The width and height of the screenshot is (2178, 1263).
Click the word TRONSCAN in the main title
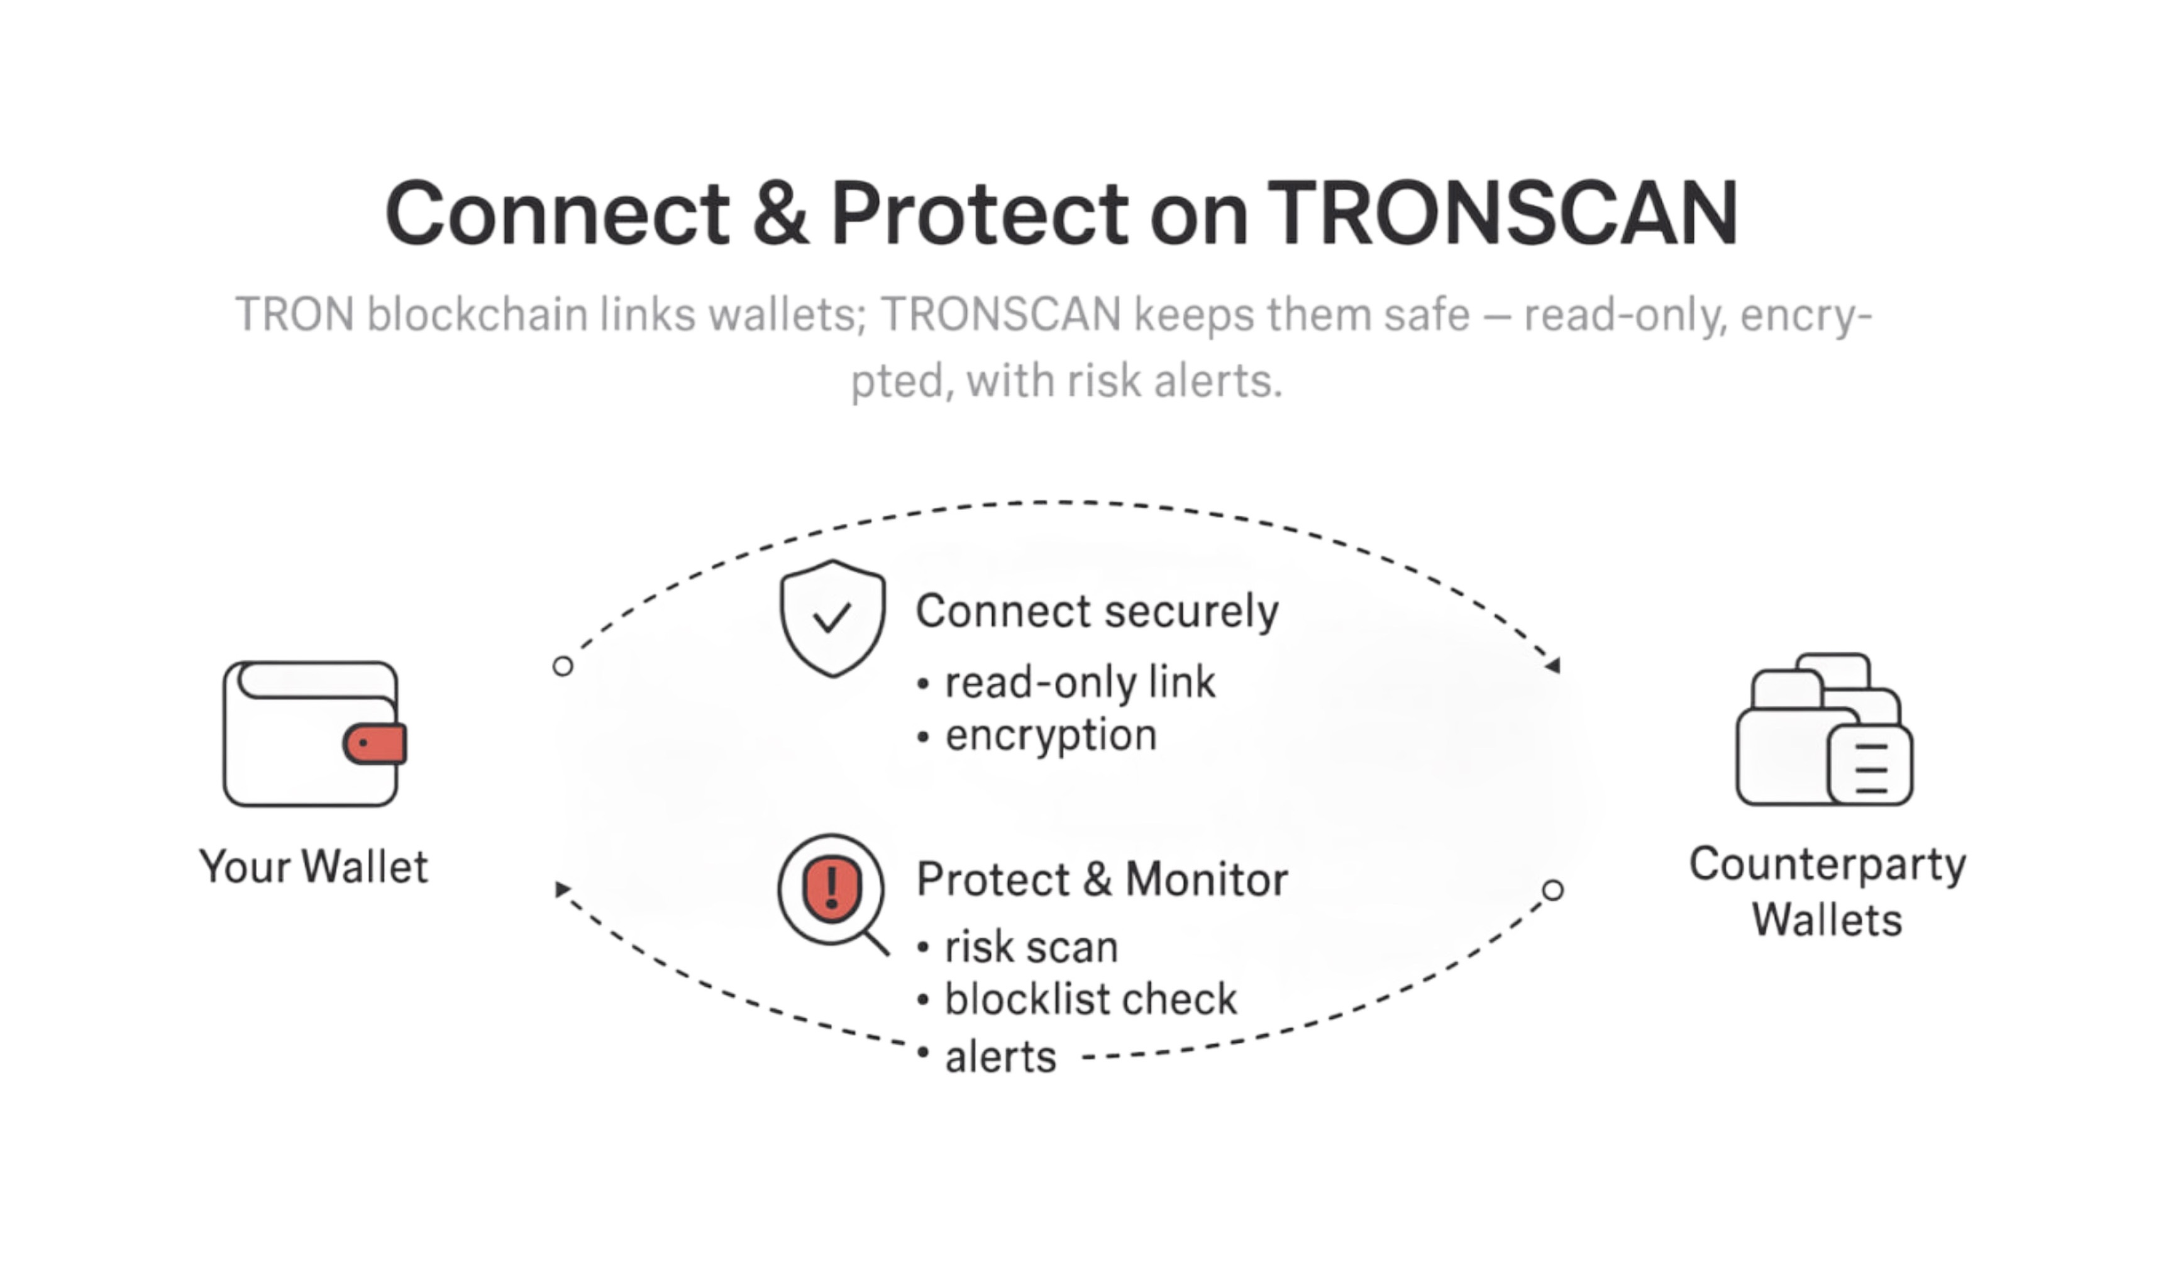coord(1502,213)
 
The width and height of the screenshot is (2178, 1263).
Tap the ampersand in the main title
coord(780,213)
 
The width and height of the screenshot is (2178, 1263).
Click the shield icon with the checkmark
coord(832,618)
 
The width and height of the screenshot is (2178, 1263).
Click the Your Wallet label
coord(313,867)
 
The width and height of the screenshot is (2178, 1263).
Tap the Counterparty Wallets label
coord(1827,891)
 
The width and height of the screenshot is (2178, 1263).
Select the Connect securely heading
coord(1097,612)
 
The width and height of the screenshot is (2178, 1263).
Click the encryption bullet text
coord(1051,736)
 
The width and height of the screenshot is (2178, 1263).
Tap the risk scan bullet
coord(1031,947)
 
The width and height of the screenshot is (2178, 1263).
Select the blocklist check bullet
coord(1091,999)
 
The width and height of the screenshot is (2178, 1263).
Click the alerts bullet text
coord(1001,1057)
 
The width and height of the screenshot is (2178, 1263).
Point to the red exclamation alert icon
coord(831,891)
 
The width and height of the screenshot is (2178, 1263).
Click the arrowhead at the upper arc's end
coord(1553,665)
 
